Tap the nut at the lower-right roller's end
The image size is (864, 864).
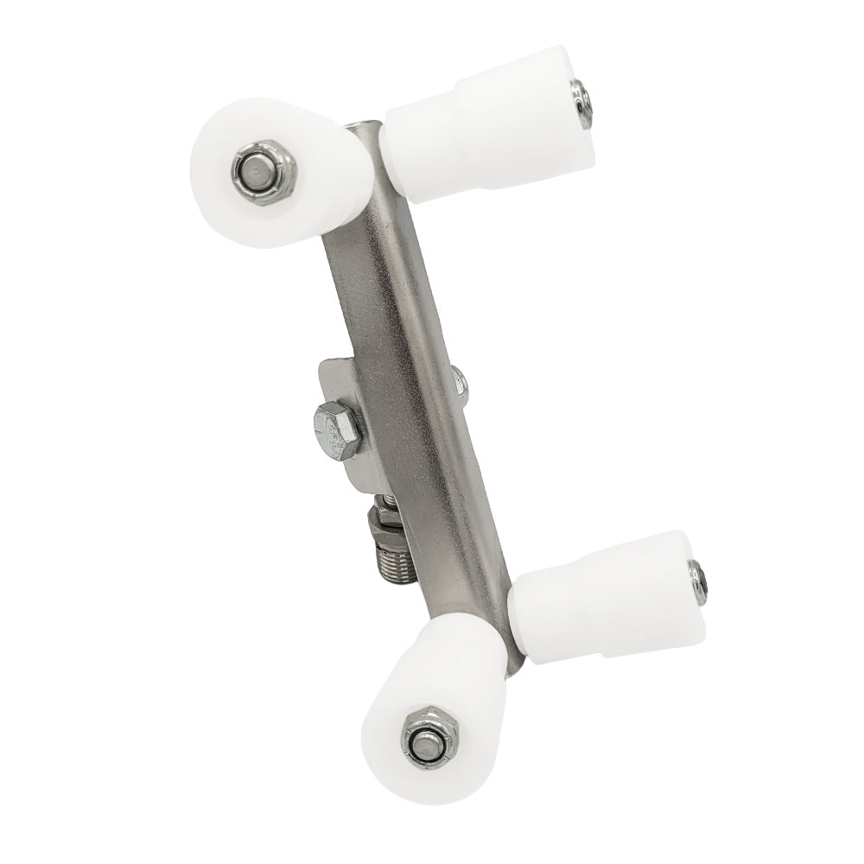[x=697, y=578]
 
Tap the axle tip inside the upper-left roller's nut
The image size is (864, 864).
[x=255, y=171]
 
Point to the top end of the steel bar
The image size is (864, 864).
[x=367, y=130]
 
